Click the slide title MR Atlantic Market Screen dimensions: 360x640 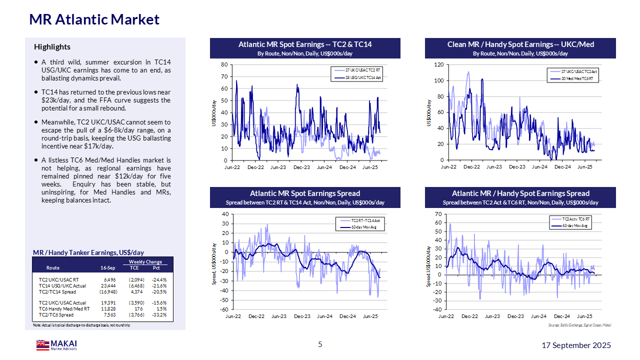(x=94, y=19)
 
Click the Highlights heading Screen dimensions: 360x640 (x=52, y=47)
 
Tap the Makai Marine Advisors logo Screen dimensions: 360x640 (x=56, y=345)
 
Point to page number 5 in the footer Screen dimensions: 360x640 (x=320, y=344)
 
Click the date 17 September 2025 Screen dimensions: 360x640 (x=576, y=345)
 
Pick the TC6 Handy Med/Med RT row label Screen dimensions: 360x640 (x=64, y=309)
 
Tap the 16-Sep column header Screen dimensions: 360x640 (x=108, y=268)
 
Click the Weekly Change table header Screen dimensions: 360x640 (x=145, y=262)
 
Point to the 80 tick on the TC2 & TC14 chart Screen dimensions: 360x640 (x=224, y=64)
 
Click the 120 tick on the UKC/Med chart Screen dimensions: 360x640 (x=438, y=64)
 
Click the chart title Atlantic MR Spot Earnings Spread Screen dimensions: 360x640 (x=305, y=193)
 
